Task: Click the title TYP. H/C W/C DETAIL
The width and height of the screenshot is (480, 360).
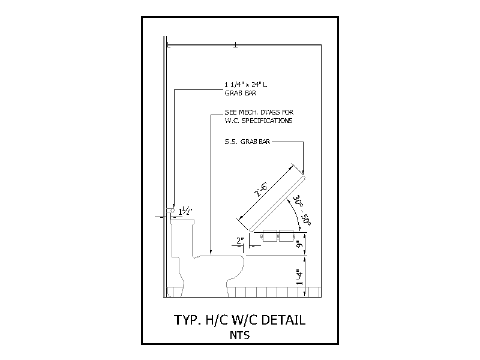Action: coord(239,320)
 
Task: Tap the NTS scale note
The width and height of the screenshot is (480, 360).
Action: coord(239,335)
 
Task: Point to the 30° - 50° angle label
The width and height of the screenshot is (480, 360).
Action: coord(302,211)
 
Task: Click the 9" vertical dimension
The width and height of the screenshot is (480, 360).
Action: coord(299,245)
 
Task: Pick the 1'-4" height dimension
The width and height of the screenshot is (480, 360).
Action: coord(299,277)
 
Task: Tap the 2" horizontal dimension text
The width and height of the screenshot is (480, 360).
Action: coord(241,241)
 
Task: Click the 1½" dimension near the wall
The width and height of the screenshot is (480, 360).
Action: coord(185,211)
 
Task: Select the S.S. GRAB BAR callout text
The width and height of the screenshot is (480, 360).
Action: coord(247,142)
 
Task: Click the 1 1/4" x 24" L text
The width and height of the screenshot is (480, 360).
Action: coord(246,85)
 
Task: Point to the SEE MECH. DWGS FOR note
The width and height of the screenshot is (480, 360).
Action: coord(259,112)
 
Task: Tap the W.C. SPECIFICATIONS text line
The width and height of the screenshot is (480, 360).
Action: coord(259,121)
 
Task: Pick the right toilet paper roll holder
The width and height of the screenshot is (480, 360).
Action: coord(287,236)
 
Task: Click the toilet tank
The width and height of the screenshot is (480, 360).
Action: coord(182,238)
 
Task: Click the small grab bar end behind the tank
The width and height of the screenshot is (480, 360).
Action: coord(170,211)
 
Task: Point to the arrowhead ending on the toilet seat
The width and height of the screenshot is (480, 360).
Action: coord(211,252)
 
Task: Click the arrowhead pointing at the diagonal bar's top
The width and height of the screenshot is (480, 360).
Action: coord(304,172)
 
